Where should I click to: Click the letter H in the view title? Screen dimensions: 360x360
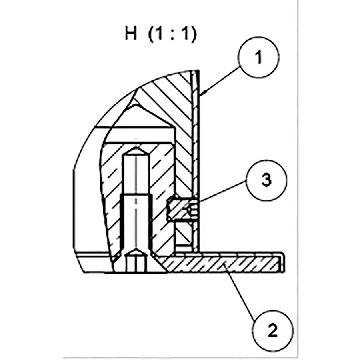click(x=131, y=34)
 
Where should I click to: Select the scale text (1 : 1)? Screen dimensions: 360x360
click(x=172, y=34)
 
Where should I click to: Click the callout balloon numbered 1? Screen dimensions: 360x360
click(x=258, y=57)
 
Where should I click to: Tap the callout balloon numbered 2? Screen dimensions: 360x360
click(x=272, y=330)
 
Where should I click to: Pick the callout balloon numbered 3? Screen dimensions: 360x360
click(x=266, y=180)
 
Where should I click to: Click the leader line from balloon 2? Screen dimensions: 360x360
click(x=240, y=292)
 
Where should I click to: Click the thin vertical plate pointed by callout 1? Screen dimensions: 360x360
click(x=195, y=161)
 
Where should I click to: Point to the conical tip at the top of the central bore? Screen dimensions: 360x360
click(x=136, y=150)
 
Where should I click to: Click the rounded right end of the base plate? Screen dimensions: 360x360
click(x=283, y=263)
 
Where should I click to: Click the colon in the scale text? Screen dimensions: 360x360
click(x=172, y=34)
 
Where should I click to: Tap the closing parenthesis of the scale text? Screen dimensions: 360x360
click(x=194, y=34)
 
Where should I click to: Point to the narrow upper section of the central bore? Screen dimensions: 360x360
click(x=136, y=174)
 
